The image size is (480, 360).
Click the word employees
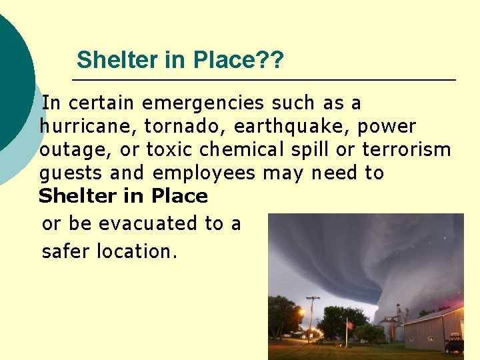(204, 173)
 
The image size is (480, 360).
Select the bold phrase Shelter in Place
(123, 197)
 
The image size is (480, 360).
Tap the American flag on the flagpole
(349, 325)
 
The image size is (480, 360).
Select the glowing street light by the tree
(301, 311)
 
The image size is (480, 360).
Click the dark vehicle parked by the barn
(455, 343)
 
